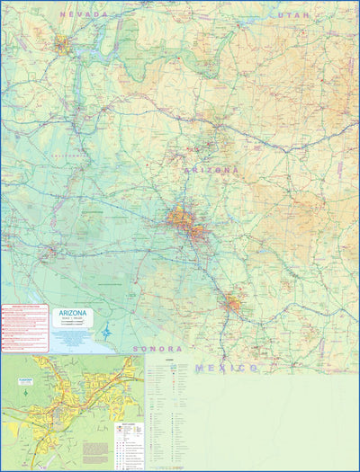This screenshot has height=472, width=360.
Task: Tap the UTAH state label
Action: tap(293, 15)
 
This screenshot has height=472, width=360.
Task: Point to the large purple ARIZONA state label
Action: tap(211, 169)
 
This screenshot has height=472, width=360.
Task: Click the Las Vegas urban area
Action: tap(63, 43)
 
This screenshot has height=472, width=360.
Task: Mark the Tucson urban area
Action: tap(233, 303)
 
